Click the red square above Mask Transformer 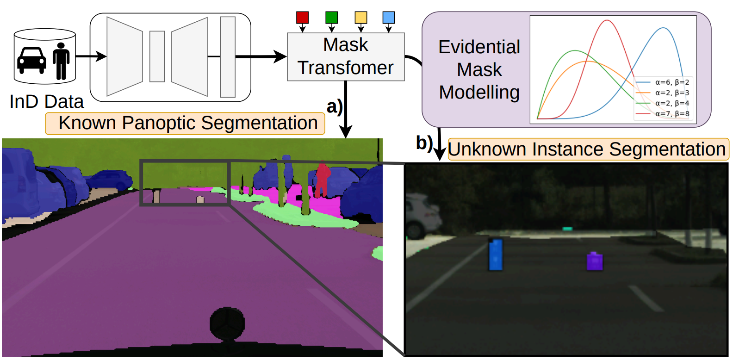[x=302, y=17]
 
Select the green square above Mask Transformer [x=331, y=17]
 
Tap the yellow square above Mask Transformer [x=361, y=17]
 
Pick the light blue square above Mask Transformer [x=388, y=17]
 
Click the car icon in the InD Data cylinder [x=31, y=61]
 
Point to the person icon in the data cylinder [x=61, y=61]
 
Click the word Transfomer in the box [x=346, y=68]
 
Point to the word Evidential [x=479, y=47]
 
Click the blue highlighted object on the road [x=496, y=254]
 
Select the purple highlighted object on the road [x=595, y=261]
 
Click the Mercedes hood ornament [x=227, y=324]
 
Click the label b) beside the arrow [x=424, y=143]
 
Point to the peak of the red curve [x=607, y=20]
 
